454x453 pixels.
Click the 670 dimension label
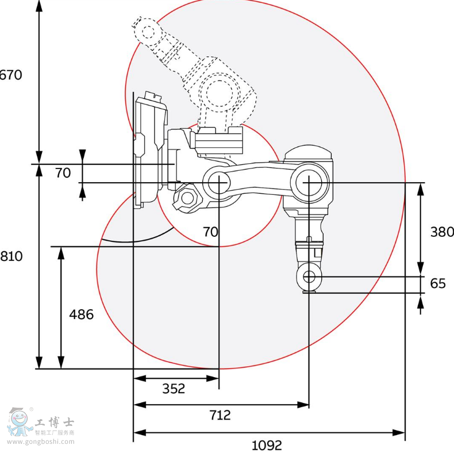(11, 75)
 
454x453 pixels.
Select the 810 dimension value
(11, 256)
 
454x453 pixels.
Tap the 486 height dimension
(81, 314)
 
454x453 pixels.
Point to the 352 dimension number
(174, 389)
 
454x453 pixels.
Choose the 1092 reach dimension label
(267, 444)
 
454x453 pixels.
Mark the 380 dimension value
(442, 232)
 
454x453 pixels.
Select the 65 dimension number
(438, 283)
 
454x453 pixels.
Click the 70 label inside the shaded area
(210, 232)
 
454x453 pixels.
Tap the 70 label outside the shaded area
(63, 172)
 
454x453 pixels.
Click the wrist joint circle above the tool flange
(309, 277)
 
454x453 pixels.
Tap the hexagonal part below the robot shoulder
(186, 199)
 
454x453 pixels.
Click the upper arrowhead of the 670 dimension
(39, 6)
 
